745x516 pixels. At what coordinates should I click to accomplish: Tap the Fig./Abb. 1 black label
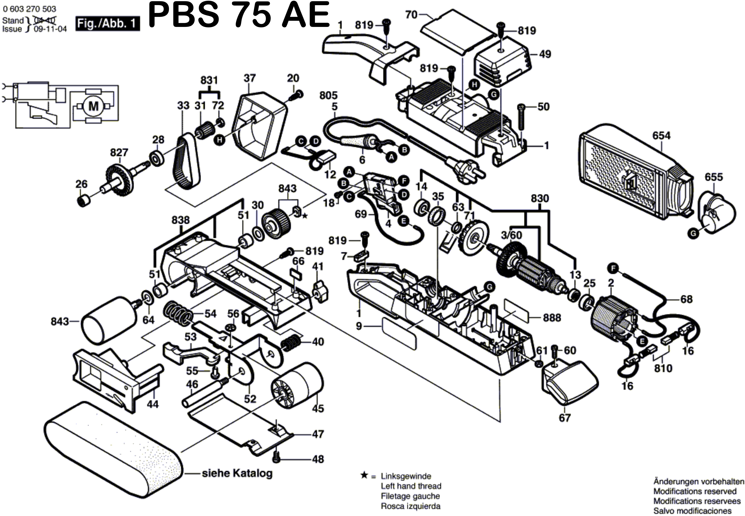coord(108,24)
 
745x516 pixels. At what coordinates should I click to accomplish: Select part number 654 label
coord(661,135)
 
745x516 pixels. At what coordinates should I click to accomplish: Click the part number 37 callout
coord(249,78)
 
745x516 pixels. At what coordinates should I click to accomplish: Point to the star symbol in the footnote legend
coord(364,476)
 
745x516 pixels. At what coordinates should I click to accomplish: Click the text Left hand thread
coord(411,486)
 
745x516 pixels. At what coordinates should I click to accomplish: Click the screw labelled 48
coord(276,457)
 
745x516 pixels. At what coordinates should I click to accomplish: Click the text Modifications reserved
coord(695,491)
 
